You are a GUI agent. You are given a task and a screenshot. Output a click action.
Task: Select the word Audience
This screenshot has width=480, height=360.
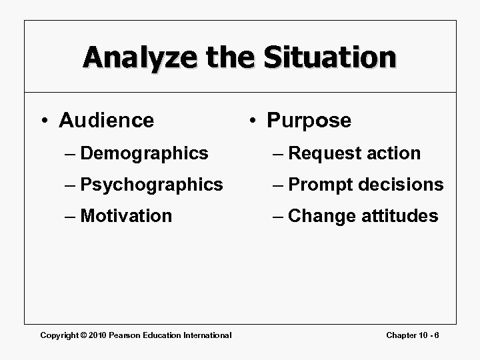click(x=106, y=121)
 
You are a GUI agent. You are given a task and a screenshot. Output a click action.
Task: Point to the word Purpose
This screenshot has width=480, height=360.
click(x=309, y=121)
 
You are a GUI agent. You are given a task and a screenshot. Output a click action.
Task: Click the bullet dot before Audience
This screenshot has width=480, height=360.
click(x=43, y=121)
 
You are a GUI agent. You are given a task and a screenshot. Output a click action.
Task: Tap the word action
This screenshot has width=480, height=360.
click(x=393, y=153)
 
